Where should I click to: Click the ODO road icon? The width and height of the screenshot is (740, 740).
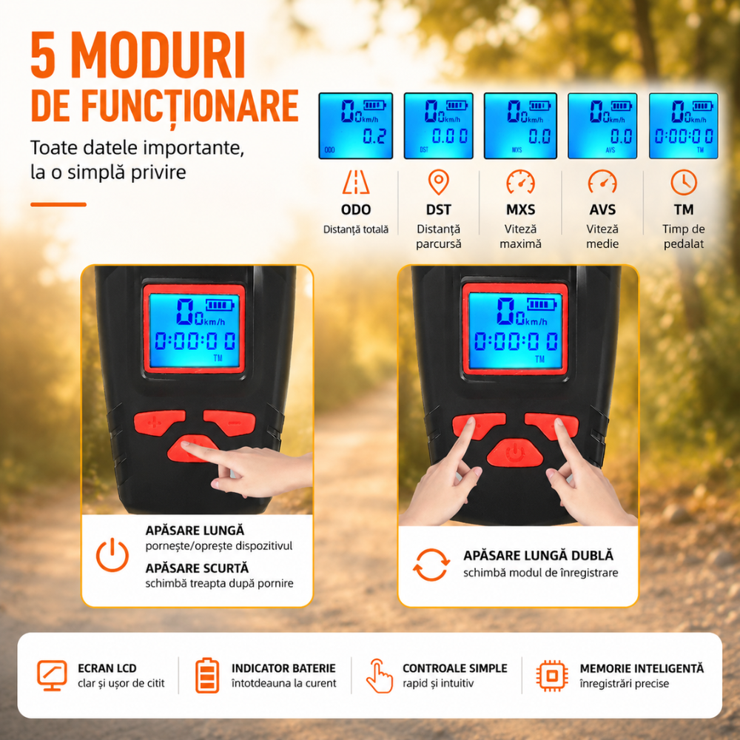356,182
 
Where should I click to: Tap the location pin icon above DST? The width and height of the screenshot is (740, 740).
438,182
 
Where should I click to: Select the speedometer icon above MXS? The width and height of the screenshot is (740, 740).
520,182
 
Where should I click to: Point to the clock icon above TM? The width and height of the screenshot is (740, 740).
684,182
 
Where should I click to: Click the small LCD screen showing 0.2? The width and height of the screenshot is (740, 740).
356,126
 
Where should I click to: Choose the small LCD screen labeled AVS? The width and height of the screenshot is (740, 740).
602,126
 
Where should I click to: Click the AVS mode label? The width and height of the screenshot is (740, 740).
602,209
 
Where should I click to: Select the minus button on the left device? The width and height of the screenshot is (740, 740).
231,422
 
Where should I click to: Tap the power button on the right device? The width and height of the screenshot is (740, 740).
515,453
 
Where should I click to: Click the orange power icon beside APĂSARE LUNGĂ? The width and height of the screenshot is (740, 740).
112,555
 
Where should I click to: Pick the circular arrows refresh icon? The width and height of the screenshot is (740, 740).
431,565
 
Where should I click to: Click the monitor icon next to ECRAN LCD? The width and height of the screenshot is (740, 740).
52,676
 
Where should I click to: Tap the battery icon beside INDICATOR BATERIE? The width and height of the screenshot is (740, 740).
207,676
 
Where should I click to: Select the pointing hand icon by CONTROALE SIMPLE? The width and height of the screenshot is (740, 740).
380,676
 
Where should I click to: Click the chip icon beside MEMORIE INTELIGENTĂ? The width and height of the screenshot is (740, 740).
551,676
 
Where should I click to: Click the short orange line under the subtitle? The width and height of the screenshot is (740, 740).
58,204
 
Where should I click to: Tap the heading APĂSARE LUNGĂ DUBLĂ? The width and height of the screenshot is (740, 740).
538,555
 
